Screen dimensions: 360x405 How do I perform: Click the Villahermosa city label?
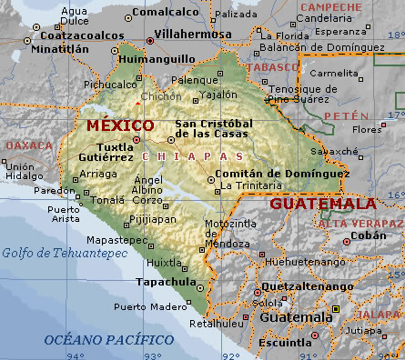[x=192, y=34]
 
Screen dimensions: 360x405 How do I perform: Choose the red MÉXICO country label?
[x=119, y=125]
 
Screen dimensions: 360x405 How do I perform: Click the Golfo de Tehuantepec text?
[x=50, y=252]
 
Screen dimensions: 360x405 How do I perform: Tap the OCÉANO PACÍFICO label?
[x=97, y=338]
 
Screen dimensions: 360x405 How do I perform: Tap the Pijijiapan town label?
[x=151, y=219]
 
